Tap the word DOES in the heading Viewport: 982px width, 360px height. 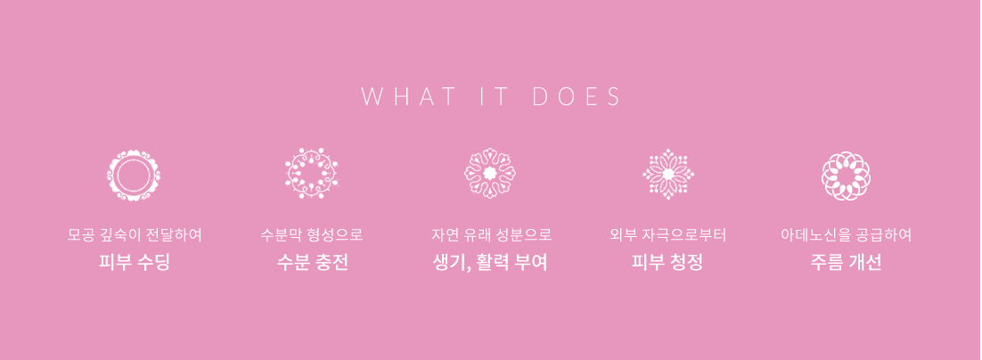point(577,97)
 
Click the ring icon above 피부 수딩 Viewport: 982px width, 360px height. point(134,176)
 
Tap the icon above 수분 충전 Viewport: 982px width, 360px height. point(312,174)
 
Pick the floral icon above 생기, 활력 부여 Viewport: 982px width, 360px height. point(490,174)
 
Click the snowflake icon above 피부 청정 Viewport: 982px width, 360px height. point(668,174)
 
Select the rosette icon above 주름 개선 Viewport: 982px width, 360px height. point(846,176)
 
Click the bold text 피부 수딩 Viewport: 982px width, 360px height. point(134,262)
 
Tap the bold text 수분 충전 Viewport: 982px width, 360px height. point(312,262)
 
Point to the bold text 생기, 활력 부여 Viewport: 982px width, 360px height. point(490,262)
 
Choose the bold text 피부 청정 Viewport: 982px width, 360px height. point(667,262)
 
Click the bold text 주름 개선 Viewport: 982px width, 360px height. point(846,262)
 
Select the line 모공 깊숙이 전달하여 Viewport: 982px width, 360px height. point(134,235)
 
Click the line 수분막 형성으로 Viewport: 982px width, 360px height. point(312,235)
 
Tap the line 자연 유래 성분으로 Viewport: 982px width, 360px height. point(491,235)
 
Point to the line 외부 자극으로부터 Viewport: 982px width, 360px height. point(667,235)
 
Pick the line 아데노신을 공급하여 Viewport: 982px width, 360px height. point(846,235)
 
